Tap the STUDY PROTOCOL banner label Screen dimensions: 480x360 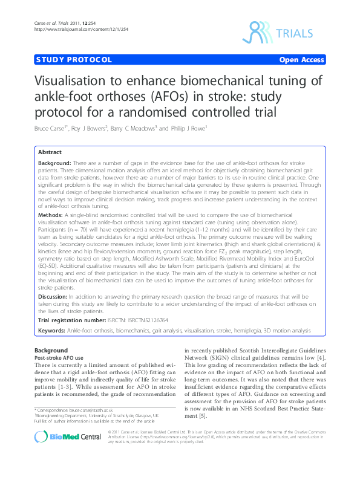point(73,60)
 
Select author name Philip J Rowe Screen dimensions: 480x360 point(186,128)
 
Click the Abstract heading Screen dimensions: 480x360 point(50,152)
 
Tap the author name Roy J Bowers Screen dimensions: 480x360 point(90,128)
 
